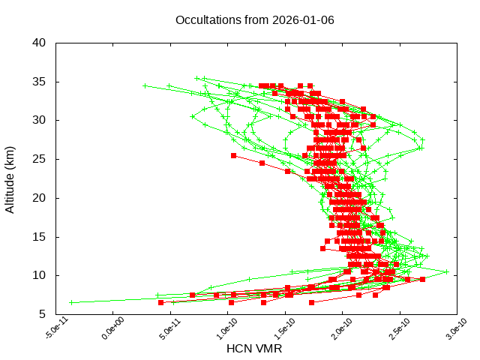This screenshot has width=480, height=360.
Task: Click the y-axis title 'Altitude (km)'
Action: [10, 178]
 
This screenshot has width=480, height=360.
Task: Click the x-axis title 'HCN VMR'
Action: [254, 349]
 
